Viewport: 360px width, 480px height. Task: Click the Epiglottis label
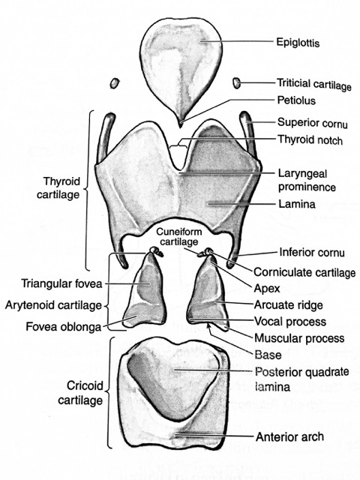click(298, 42)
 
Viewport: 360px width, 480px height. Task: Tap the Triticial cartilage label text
click(314, 84)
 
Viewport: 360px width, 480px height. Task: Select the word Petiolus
click(296, 100)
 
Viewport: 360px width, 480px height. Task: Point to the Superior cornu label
click(313, 123)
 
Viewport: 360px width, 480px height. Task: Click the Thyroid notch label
click(310, 139)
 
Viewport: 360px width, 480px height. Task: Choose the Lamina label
click(297, 204)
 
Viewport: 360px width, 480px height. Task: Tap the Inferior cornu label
click(312, 253)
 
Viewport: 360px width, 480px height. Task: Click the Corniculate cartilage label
click(304, 272)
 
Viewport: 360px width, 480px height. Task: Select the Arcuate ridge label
click(289, 305)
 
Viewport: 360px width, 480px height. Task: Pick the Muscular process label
click(299, 338)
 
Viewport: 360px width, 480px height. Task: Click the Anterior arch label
click(290, 436)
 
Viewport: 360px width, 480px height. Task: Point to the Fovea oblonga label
click(63, 327)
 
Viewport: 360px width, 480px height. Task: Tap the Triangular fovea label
click(61, 283)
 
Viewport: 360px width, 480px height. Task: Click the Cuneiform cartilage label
click(179, 237)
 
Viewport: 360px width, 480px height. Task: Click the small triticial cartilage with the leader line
click(237, 82)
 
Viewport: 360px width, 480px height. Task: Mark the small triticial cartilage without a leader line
click(115, 83)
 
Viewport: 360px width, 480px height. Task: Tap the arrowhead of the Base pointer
click(209, 325)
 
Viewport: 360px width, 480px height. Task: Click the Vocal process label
click(290, 322)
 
